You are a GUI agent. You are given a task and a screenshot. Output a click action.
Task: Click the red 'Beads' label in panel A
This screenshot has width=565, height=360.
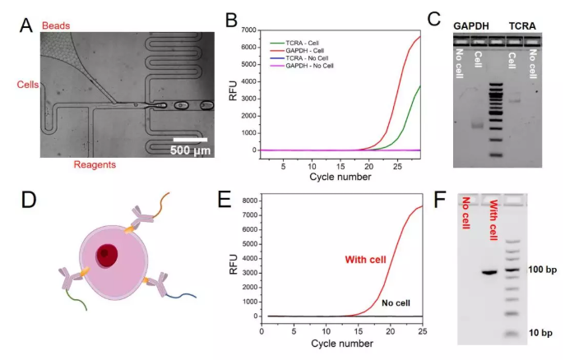55,26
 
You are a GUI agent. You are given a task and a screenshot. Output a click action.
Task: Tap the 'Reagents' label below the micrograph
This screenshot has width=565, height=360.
91,164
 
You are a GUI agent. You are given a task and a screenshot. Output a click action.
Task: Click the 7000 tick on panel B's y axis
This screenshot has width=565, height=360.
250,30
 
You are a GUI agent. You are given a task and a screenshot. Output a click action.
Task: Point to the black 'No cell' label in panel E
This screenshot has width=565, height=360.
398,303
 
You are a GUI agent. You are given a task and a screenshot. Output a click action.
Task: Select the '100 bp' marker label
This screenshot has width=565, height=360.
540,270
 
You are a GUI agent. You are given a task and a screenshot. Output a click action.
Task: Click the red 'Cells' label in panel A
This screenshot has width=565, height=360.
29,85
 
